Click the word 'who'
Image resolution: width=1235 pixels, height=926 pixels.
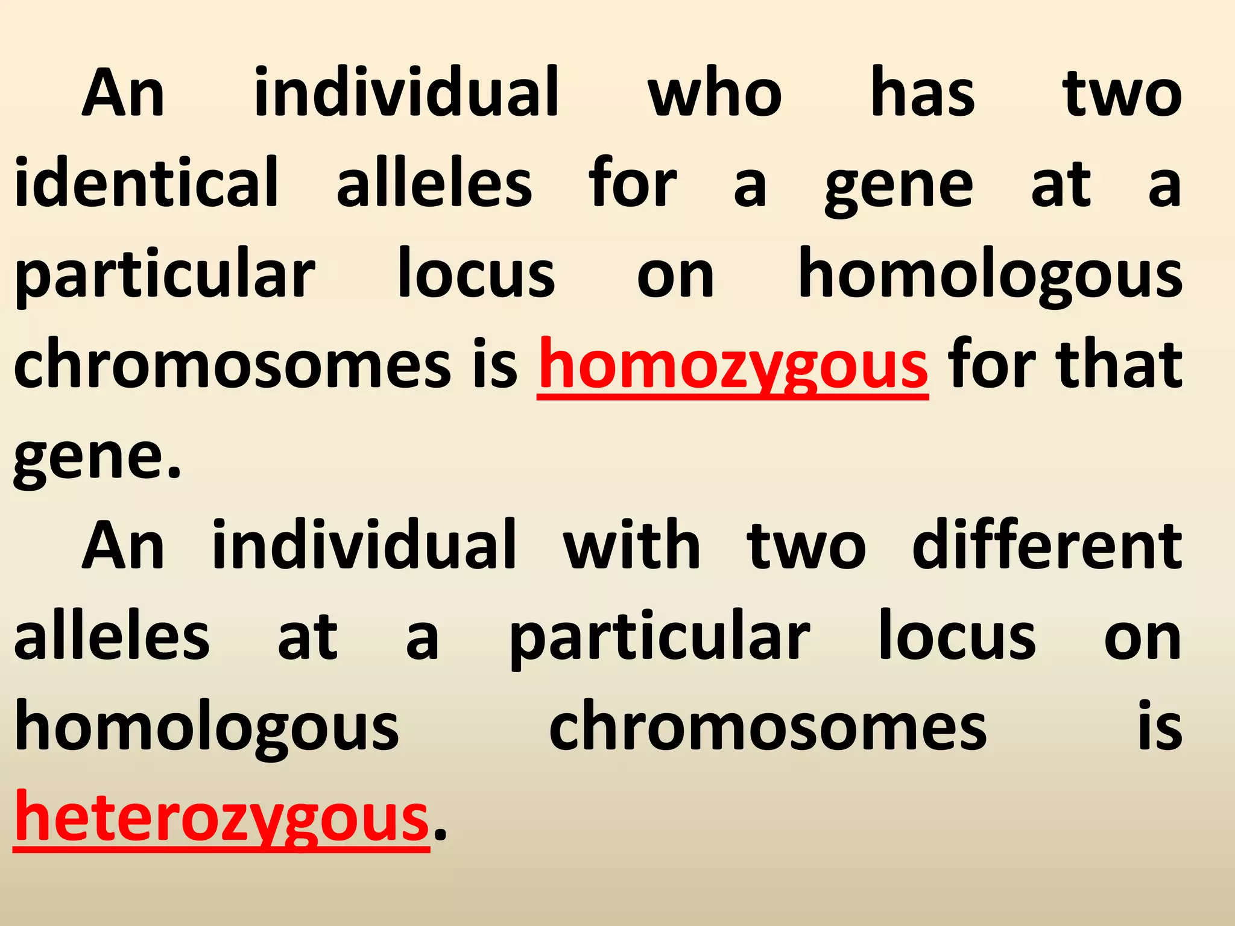click(x=715, y=93)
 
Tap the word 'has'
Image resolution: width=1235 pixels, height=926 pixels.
click(x=923, y=93)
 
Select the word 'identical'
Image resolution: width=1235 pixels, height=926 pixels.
click(x=147, y=183)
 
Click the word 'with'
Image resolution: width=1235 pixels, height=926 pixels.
click(x=631, y=546)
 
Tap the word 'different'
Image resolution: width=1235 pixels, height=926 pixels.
click(x=1047, y=546)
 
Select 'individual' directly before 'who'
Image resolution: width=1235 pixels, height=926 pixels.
click(x=407, y=93)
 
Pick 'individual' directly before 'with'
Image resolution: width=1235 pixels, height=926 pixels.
click(x=364, y=546)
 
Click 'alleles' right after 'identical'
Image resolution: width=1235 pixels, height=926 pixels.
click(x=434, y=183)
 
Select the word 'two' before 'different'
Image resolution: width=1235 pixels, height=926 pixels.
click(x=806, y=546)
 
